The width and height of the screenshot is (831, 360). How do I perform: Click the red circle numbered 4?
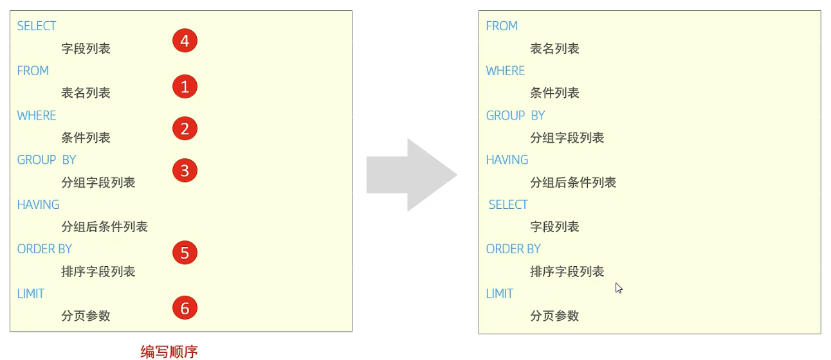click(185, 41)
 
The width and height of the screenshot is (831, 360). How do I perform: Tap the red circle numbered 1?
click(185, 86)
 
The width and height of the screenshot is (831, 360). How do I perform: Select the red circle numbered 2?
click(185, 129)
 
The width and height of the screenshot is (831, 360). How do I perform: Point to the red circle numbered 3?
click(185, 171)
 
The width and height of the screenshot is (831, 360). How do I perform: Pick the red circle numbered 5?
click(185, 253)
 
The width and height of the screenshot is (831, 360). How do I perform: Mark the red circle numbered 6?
click(185, 309)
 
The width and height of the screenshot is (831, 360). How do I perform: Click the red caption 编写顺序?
click(169, 351)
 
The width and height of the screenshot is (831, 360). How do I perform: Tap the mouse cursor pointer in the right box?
click(618, 288)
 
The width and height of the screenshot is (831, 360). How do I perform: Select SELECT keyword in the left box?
click(37, 26)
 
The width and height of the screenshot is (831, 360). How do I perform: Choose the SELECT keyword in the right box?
click(508, 204)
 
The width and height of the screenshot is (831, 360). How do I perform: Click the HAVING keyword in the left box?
click(38, 204)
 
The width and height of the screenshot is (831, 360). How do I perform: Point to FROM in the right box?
click(502, 26)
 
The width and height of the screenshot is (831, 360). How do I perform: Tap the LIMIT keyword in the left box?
click(31, 294)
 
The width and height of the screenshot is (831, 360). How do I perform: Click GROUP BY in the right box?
click(515, 116)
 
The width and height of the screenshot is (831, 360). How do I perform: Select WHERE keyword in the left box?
click(37, 116)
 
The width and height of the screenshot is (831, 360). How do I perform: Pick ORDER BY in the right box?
click(513, 249)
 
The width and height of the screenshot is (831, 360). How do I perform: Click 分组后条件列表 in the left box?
click(104, 227)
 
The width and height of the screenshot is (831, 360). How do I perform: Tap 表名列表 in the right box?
click(554, 49)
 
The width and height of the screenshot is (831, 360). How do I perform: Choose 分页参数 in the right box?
click(554, 316)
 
